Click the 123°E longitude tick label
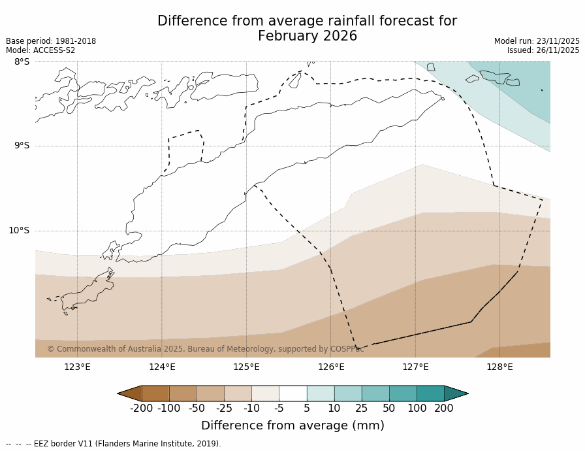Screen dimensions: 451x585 coord(77,367)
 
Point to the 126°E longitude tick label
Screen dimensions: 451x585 coord(331,367)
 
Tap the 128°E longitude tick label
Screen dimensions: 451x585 coord(499,367)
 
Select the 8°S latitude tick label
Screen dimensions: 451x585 coord(22,61)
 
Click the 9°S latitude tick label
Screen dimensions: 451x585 coord(22,146)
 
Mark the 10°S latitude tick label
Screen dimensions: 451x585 coord(19,230)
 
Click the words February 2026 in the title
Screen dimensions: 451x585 coord(308,37)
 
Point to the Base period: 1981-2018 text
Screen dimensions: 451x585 coord(51,41)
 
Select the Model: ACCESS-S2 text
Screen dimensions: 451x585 coord(40,50)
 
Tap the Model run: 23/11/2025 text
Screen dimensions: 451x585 coord(537,41)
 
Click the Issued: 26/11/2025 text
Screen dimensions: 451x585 coord(543,50)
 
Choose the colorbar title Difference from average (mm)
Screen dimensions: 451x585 coord(292,426)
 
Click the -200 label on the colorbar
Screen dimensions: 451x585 coord(141,409)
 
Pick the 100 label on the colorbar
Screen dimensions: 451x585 coord(417,409)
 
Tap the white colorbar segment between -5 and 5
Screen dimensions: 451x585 coord(292,393)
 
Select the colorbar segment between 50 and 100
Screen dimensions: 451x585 coord(403,393)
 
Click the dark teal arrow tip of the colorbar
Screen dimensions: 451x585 coord(457,393)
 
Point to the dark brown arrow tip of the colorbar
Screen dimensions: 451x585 coord(129,393)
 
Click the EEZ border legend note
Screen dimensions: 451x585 coord(114,444)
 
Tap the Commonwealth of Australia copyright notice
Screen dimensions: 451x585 coord(205,349)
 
